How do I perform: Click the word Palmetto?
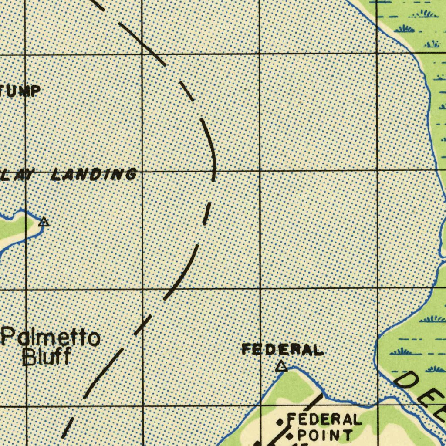click(51, 338)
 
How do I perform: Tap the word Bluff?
click(47, 357)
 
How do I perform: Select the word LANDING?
click(94, 175)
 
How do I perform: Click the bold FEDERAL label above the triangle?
click(283, 349)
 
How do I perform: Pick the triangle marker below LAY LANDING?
click(44, 222)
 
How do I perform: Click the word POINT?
click(325, 435)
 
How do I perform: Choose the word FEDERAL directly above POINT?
click(324, 420)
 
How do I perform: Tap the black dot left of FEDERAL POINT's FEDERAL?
click(280, 422)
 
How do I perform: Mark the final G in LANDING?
click(129, 175)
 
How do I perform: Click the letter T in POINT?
click(347, 435)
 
